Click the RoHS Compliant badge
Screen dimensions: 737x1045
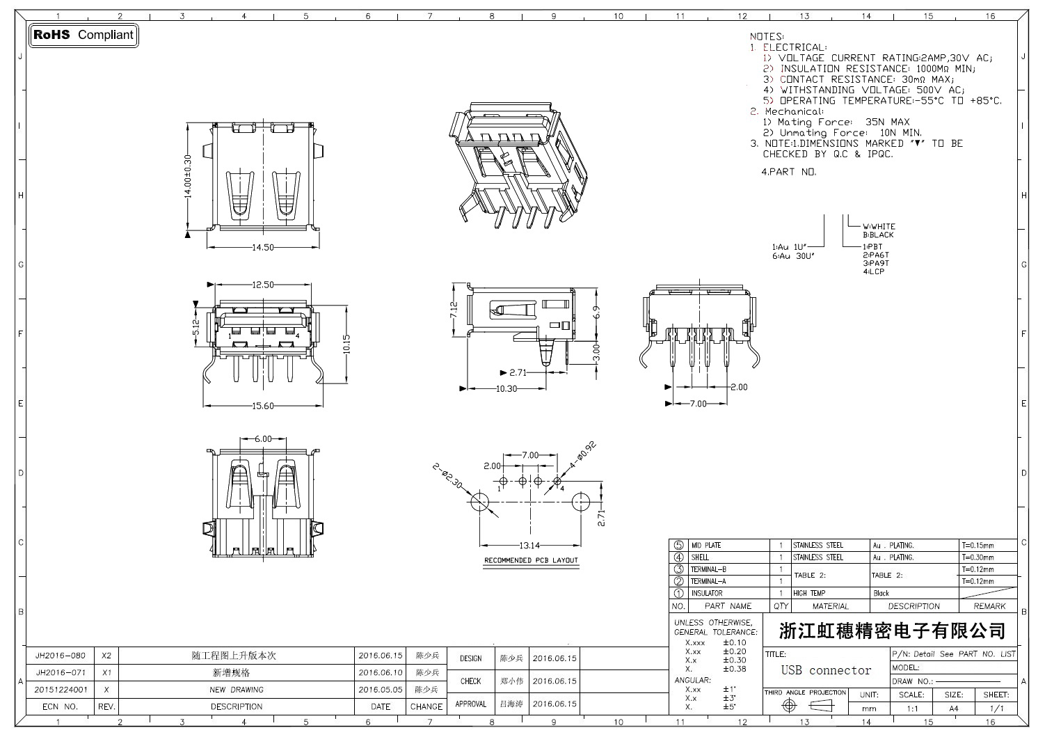click(83, 35)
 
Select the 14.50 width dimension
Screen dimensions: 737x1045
click(263, 248)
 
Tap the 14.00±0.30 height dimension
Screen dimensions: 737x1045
click(188, 177)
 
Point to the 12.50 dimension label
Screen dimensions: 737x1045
click(263, 285)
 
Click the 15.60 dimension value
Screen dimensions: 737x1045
click(263, 406)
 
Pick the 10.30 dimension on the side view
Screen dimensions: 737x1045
click(506, 389)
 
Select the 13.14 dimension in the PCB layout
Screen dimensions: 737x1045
click(529, 545)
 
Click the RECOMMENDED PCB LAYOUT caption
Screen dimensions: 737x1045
click(531, 560)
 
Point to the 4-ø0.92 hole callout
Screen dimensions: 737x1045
click(583, 454)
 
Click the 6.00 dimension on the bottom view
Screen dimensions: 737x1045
click(263, 439)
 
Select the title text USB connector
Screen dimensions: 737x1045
click(826, 671)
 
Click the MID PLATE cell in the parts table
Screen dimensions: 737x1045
click(705, 546)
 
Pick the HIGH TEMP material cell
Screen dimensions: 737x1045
click(809, 594)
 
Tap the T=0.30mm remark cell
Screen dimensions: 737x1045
click(978, 557)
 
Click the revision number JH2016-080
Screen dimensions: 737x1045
click(60, 656)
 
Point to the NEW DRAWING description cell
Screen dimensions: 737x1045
click(237, 690)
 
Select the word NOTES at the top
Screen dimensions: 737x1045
click(767, 36)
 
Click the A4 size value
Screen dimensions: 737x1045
click(953, 708)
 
